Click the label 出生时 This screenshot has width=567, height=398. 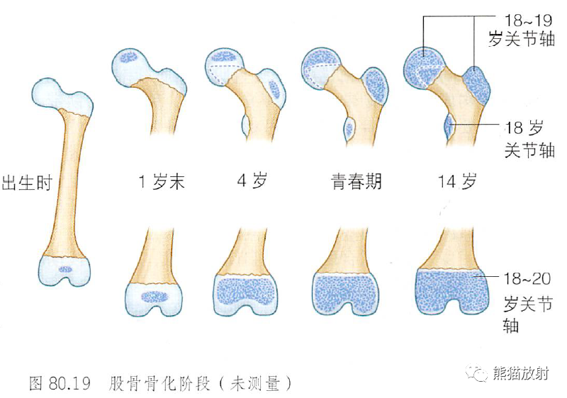click(28, 182)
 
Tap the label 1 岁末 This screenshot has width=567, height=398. click(161, 182)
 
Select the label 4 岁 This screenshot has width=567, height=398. click(251, 182)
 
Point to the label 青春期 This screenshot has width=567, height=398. click(356, 182)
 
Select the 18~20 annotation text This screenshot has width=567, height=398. click(525, 279)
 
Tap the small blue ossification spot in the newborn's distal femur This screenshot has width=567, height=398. click(65, 269)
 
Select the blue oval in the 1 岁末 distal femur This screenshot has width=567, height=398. click(154, 297)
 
